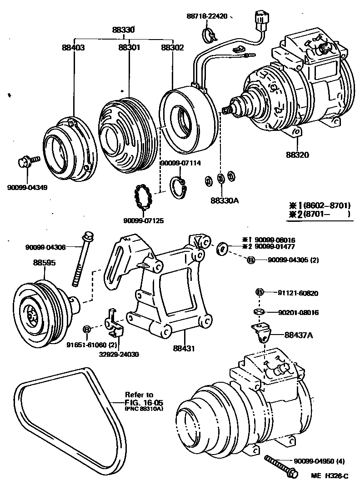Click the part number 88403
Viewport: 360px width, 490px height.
pyautogui.click(x=73, y=47)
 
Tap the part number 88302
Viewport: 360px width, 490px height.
pyautogui.click(x=173, y=47)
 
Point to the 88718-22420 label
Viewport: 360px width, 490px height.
pyautogui.click(x=207, y=16)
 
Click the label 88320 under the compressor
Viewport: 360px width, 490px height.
pyautogui.click(x=298, y=155)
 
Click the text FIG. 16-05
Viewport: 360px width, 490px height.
pyautogui.click(x=144, y=403)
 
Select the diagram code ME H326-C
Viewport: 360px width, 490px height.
pyautogui.click(x=330, y=476)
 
